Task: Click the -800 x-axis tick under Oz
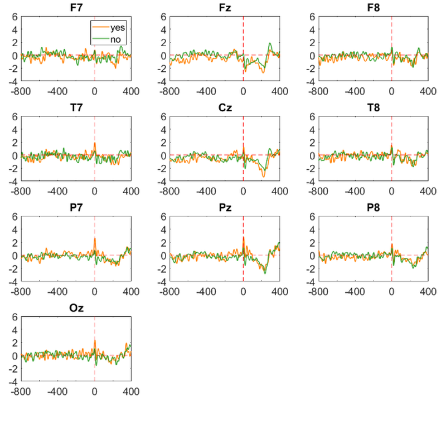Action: pyautogui.click(x=21, y=391)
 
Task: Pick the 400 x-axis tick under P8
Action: pyautogui.click(x=428, y=291)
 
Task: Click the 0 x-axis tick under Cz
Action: pyautogui.click(x=243, y=192)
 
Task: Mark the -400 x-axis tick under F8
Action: pyautogui.click(x=355, y=91)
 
